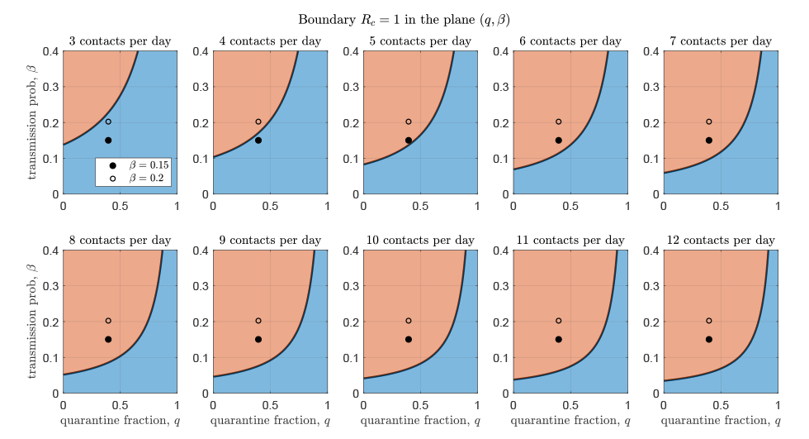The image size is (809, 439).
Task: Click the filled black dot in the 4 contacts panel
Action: pos(258,141)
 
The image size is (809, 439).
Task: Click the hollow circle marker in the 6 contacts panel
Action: pos(559,122)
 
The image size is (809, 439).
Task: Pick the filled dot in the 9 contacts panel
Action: pos(258,340)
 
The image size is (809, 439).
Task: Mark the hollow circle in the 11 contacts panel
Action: pos(559,321)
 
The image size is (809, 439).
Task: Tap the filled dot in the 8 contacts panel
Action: pos(108,340)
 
